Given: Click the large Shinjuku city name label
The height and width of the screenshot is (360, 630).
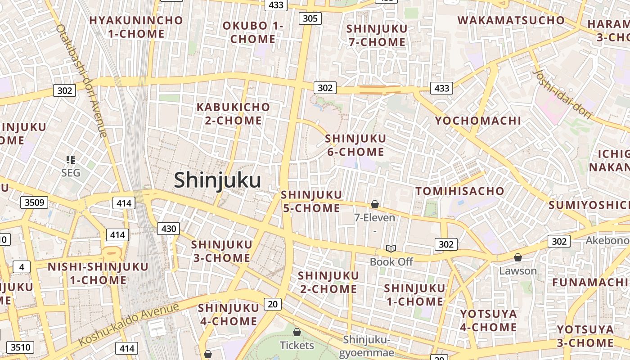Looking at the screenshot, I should point(217,180).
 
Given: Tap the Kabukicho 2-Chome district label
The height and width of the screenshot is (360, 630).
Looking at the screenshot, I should point(233,114).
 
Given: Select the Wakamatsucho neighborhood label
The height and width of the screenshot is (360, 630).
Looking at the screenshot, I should point(511,20).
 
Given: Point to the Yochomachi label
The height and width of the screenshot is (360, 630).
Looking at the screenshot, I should point(478,121).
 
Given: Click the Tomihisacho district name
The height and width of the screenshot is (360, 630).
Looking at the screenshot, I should point(459,191).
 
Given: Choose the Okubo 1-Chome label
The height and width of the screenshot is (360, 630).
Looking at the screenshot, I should point(253,32).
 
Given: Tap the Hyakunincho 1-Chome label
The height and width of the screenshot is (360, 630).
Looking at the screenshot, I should point(136,27).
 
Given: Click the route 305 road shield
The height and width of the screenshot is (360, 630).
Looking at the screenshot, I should point(310,18).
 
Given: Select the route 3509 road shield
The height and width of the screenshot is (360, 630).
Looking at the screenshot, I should point(34,202).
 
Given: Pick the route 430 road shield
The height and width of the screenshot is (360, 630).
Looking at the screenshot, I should point(168,229).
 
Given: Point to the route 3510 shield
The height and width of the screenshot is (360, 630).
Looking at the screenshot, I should point(21,347).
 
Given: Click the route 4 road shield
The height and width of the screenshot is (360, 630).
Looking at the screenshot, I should point(21,267).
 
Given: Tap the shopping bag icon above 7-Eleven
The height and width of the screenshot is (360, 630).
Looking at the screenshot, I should point(374,205).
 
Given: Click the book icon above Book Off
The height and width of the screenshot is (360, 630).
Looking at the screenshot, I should point(391,249).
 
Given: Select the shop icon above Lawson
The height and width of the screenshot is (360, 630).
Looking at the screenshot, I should point(517,257).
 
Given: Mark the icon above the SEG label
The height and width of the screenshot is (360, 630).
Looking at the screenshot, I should point(70,159).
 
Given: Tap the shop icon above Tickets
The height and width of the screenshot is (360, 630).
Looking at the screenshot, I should point(297,333).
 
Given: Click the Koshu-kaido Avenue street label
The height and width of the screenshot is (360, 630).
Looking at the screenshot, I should point(129,324).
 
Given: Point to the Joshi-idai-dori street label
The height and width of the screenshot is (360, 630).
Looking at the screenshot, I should point(562,94).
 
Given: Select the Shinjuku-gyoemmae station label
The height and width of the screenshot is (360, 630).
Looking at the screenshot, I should point(369,346).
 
